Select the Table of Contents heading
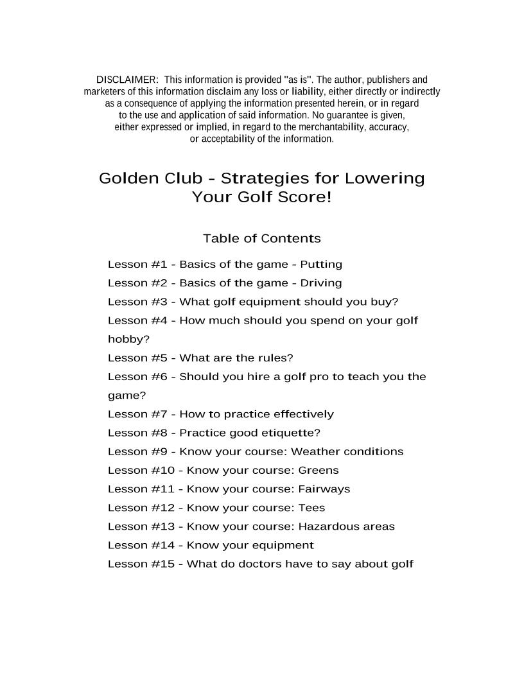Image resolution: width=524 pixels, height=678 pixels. (261, 239)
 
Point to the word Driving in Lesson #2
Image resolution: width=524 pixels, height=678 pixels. (321, 283)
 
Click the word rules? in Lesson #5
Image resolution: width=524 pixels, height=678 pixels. (275, 358)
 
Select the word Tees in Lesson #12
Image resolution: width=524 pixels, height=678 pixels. (311, 508)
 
